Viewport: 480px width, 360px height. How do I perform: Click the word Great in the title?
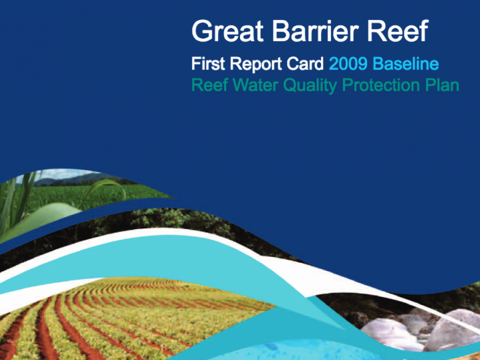227,31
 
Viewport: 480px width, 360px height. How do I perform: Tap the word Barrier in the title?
315,31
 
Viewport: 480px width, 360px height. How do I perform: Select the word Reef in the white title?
397,31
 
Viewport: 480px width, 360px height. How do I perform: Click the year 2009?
348,64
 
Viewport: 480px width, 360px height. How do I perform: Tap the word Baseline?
405,63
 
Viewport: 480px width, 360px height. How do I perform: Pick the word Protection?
380,85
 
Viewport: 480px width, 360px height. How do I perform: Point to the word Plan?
441,85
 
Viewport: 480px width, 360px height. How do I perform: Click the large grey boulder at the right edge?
453,330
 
